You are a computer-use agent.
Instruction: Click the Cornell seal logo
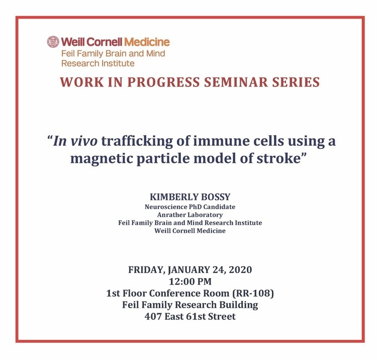pos(53,42)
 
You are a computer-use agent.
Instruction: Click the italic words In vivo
pos(75,141)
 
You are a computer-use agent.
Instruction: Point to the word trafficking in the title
pos(137,141)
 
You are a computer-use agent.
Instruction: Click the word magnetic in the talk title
pos(101,159)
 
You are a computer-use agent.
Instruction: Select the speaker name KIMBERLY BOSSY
pos(190,197)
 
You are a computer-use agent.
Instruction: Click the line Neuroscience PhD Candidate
pos(190,207)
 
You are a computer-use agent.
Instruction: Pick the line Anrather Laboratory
pos(190,215)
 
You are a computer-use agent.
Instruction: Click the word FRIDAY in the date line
pos(146,270)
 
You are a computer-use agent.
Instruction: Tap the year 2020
pos(240,270)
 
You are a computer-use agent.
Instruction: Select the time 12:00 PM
pos(190,282)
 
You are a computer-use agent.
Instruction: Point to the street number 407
pos(153,316)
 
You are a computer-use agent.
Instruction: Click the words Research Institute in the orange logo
pos(98,63)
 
